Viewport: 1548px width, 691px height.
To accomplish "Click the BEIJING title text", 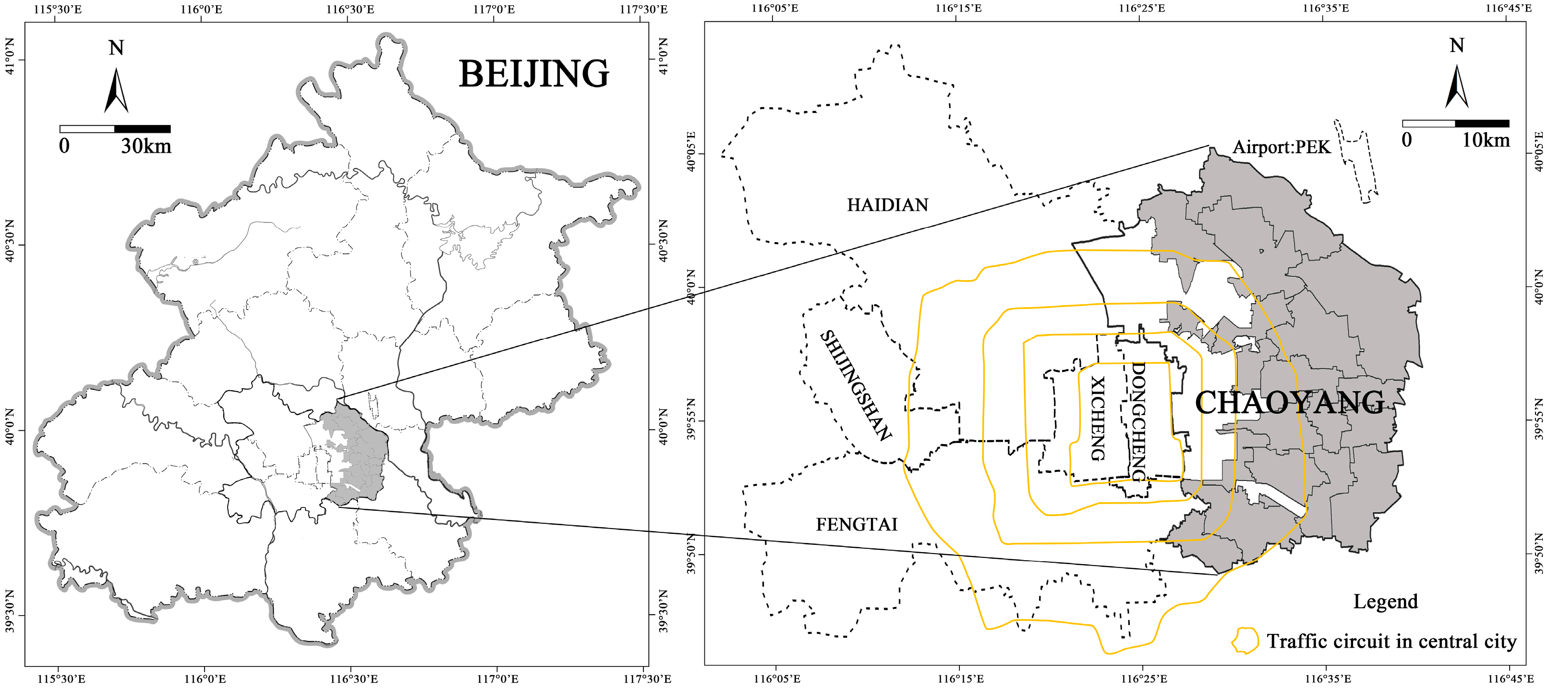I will pyautogui.click(x=533, y=74).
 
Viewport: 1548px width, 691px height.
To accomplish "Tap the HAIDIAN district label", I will pyautogui.click(x=888, y=205).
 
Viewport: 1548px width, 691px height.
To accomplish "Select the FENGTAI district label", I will pyautogui.click(x=856, y=524).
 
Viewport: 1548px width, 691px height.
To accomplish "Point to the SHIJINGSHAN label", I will pyautogui.click(x=856, y=385).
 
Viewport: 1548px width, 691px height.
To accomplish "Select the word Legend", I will pyautogui.click(x=1385, y=602).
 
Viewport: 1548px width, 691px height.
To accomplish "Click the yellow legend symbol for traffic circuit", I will pyautogui.click(x=1245, y=641).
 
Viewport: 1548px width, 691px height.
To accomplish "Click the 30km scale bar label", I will pyautogui.click(x=146, y=146).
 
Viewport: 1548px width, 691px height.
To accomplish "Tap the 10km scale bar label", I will pyautogui.click(x=1486, y=140).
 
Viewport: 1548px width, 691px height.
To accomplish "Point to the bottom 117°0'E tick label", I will pyautogui.click(x=496, y=679).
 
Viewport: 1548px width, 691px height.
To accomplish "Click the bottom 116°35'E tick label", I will pyautogui.click(x=1326, y=679).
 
